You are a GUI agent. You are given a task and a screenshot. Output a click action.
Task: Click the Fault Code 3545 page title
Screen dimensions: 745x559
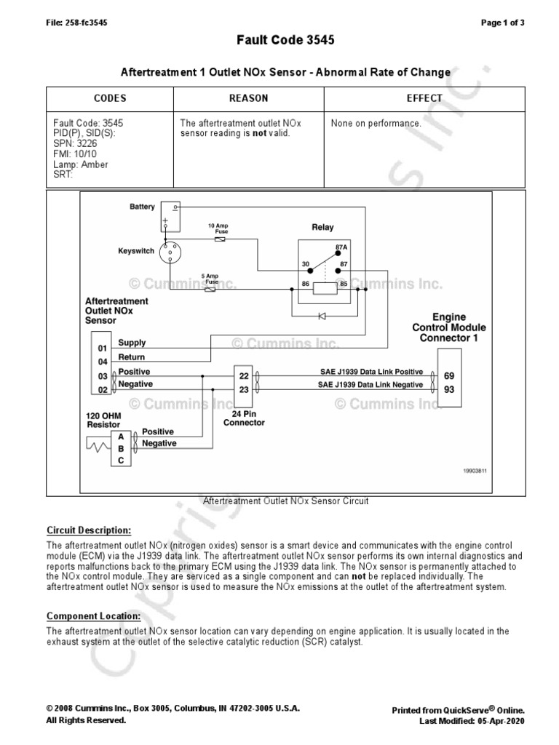tap(285, 41)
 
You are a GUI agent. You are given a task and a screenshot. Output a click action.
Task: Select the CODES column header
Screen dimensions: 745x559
tap(110, 98)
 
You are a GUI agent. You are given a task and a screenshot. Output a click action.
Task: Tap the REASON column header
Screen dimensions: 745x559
tap(248, 98)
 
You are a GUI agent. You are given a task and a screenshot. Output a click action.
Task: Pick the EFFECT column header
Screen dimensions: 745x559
tap(424, 98)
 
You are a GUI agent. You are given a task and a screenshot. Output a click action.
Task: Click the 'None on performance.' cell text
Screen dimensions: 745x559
tap(376, 124)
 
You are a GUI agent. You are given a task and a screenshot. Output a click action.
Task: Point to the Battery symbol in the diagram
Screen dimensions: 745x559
tap(170, 213)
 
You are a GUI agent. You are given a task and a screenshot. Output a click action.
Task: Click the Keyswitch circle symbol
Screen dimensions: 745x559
tap(170, 252)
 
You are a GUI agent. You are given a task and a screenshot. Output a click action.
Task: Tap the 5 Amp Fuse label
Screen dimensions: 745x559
tap(210, 279)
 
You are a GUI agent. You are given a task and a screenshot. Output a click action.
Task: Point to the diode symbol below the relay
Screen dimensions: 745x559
tap(322, 315)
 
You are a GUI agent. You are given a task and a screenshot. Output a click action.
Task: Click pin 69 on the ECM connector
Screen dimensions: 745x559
tap(449, 376)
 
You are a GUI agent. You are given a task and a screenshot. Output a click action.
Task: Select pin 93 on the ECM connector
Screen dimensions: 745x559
tap(449, 390)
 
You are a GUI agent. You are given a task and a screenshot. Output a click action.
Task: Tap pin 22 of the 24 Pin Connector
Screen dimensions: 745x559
tap(243, 376)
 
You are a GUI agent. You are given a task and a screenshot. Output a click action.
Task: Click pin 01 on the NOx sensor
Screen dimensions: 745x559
tap(103, 348)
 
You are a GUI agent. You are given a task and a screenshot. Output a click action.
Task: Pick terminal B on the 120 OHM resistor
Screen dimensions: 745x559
tap(120, 448)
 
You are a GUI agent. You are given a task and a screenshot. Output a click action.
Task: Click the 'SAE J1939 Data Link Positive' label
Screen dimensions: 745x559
tap(371, 371)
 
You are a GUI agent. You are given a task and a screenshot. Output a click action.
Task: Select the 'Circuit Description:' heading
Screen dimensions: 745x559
tap(89, 530)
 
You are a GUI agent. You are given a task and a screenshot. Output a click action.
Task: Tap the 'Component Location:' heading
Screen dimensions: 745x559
tap(93, 616)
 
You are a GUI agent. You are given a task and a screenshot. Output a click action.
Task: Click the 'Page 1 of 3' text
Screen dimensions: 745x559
tap(503, 23)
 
